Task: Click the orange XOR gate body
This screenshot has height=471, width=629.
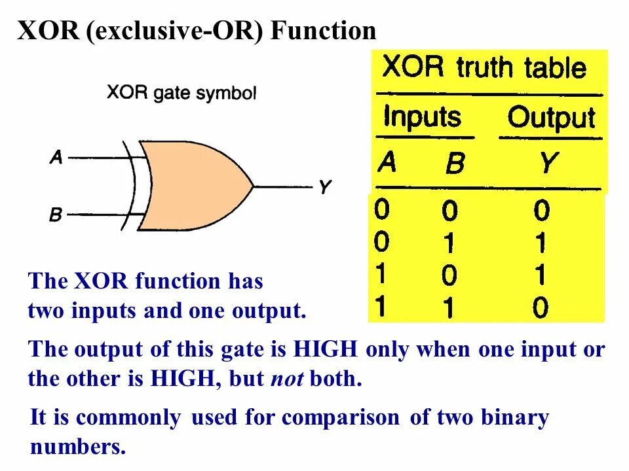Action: pyautogui.click(x=190, y=186)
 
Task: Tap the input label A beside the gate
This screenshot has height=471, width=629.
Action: pyautogui.click(x=56, y=157)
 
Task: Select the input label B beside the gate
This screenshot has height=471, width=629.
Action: pyautogui.click(x=56, y=215)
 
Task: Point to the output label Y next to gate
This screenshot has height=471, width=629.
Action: pyautogui.click(x=324, y=188)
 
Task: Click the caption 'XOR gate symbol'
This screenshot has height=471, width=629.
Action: pyautogui.click(x=181, y=94)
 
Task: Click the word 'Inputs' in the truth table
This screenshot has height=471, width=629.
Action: pyautogui.click(x=422, y=117)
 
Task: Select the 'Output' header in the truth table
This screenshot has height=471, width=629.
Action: pyautogui.click(x=551, y=118)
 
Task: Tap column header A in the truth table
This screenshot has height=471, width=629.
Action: pyautogui.click(x=387, y=161)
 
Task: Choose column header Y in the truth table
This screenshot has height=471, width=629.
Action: pyautogui.click(x=548, y=163)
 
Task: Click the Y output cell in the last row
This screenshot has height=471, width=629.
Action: pyautogui.click(x=541, y=307)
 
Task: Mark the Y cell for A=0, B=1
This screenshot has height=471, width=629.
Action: pyautogui.click(x=541, y=244)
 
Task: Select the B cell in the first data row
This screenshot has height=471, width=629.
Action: pyautogui.click(x=449, y=211)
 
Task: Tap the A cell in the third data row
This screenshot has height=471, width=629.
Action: pyautogui.click(x=381, y=275)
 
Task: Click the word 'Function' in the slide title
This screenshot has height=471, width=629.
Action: pyautogui.click(x=324, y=31)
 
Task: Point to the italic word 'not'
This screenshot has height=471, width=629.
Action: pyautogui.click(x=287, y=379)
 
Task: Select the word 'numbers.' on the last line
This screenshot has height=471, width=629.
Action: pyautogui.click(x=77, y=447)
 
